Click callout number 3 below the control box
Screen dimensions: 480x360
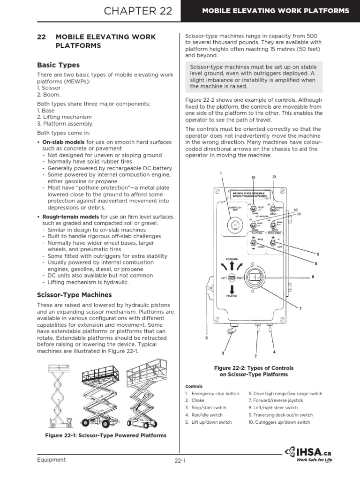tap(223, 352)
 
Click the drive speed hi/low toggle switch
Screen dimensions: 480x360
tap(272, 243)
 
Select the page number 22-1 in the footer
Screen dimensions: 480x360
tap(180, 461)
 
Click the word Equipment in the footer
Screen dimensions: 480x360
tap(52, 459)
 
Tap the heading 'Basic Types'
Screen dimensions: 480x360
tap(59, 65)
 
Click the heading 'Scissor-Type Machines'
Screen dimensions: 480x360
tap(74, 295)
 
